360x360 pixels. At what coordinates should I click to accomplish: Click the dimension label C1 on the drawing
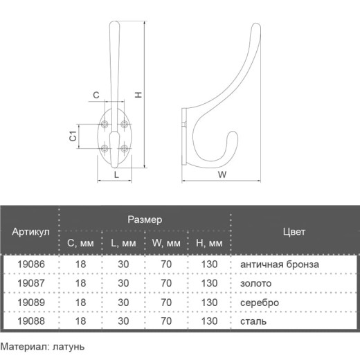point(73,136)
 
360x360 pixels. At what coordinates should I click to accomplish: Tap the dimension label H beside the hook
point(138,95)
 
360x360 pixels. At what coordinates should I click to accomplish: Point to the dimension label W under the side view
point(222,174)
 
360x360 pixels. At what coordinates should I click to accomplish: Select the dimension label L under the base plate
point(116,174)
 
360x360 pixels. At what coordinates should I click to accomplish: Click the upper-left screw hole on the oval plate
point(105,124)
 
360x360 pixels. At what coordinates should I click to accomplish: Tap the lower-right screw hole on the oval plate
point(125,148)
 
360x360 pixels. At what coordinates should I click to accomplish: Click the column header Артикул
point(30,231)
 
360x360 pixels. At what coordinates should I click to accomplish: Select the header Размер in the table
point(145,219)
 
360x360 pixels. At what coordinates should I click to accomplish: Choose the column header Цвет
point(294,231)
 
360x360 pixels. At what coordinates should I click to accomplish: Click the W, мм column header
point(166,243)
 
